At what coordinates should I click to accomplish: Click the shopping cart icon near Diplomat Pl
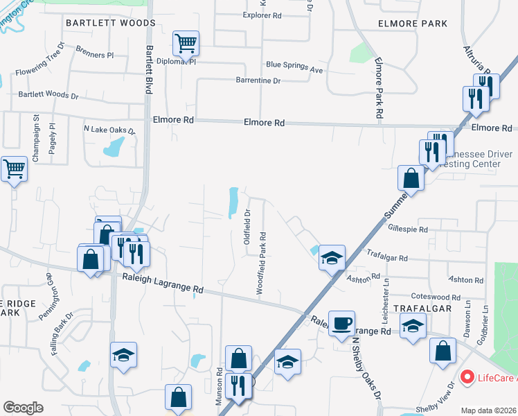pyautogui.click(x=186, y=44)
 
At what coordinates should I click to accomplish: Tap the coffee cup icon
pyautogui.click(x=341, y=324)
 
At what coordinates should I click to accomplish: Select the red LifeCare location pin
pyautogui.click(x=467, y=378)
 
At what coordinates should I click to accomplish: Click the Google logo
pyautogui.click(x=23, y=408)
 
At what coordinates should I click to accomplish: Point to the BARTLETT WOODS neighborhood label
pyautogui.click(x=111, y=23)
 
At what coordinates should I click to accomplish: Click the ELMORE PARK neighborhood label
pyautogui.click(x=413, y=24)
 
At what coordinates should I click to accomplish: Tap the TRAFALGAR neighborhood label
pyautogui.click(x=422, y=308)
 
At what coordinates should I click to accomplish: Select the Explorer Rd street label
pyautogui.click(x=262, y=15)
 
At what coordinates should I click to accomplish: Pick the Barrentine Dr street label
pyautogui.click(x=257, y=81)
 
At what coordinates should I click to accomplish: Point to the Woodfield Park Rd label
pyautogui.click(x=262, y=264)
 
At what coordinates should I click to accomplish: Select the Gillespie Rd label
pyautogui.click(x=408, y=229)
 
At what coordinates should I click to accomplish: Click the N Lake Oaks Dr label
pyautogui.click(x=109, y=130)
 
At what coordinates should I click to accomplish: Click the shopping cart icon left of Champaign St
pyautogui.click(x=14, y=168)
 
